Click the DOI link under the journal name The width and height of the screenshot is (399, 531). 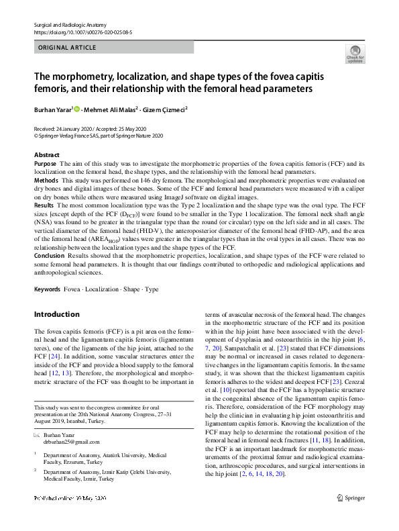point(82,32)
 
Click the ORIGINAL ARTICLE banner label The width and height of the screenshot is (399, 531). point(68,47)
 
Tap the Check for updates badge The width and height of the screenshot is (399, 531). point(355,54)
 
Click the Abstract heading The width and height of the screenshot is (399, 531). point(47,155)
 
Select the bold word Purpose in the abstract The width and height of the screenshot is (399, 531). point(45,163)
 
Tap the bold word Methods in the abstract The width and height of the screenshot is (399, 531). point(46,181)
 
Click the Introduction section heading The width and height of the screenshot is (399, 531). point(56,314)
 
